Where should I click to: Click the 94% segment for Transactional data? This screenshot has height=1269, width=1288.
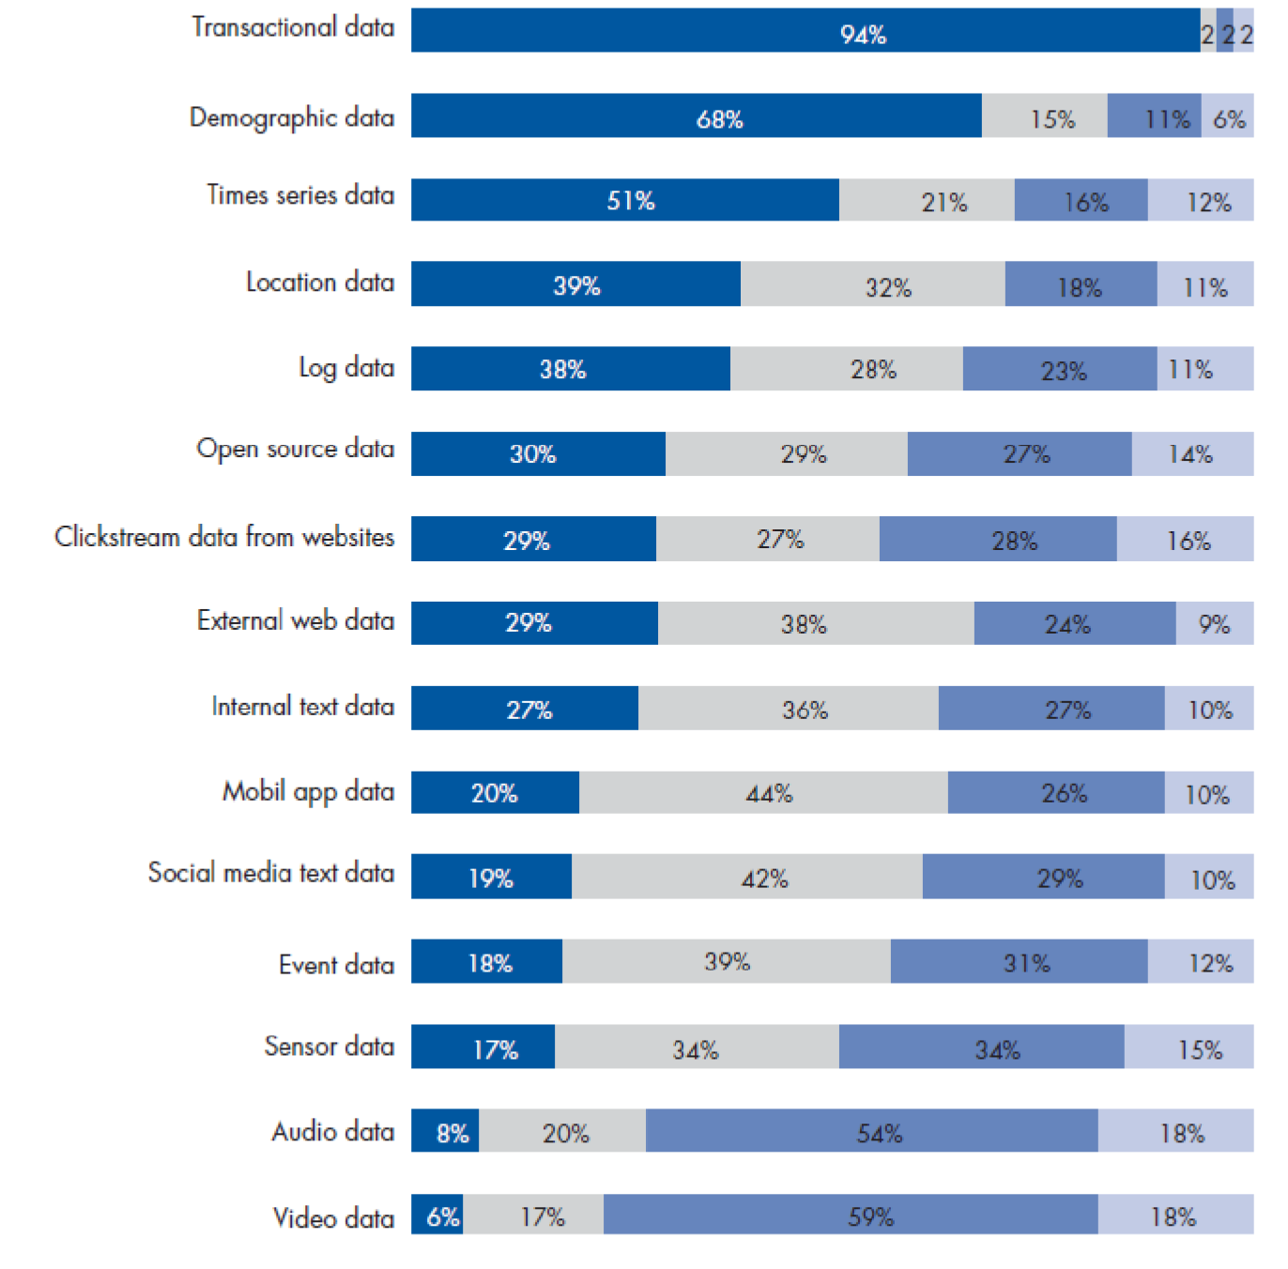click(805, 31)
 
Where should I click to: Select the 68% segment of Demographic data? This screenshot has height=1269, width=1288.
click(696, 115)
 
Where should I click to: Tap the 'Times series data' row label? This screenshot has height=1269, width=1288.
click(300, 195)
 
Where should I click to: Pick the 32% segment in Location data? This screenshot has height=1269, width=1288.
click(872, 284)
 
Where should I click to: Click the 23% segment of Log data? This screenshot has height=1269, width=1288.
click(1059, 369)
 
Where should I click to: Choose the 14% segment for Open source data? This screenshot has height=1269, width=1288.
click(1191, 454)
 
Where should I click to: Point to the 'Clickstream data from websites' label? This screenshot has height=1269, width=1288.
click(224, 537)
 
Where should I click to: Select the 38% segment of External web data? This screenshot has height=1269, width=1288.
click(816, 623)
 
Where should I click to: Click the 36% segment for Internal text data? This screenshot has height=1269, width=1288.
click(788, 709)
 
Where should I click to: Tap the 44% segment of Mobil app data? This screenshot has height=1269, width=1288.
click(763, 793)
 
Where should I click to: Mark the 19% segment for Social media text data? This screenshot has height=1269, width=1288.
click(491, 877)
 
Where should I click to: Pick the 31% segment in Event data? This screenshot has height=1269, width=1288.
click(1019, 961)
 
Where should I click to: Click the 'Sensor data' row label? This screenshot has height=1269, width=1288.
click(329, 1047)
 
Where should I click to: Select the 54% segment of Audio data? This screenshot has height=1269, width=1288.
click(871, 1131)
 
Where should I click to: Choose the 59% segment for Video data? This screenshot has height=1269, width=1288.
click(851, 1215)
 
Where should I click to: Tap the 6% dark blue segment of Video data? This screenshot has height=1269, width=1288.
click(437, 1215)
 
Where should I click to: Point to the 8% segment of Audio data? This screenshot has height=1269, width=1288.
click(445, 1131)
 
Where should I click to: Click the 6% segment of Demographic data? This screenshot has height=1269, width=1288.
click(1227, 115)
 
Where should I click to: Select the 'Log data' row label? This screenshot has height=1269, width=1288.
click(345, 368)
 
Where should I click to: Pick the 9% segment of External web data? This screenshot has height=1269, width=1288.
click(1214, 623)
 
